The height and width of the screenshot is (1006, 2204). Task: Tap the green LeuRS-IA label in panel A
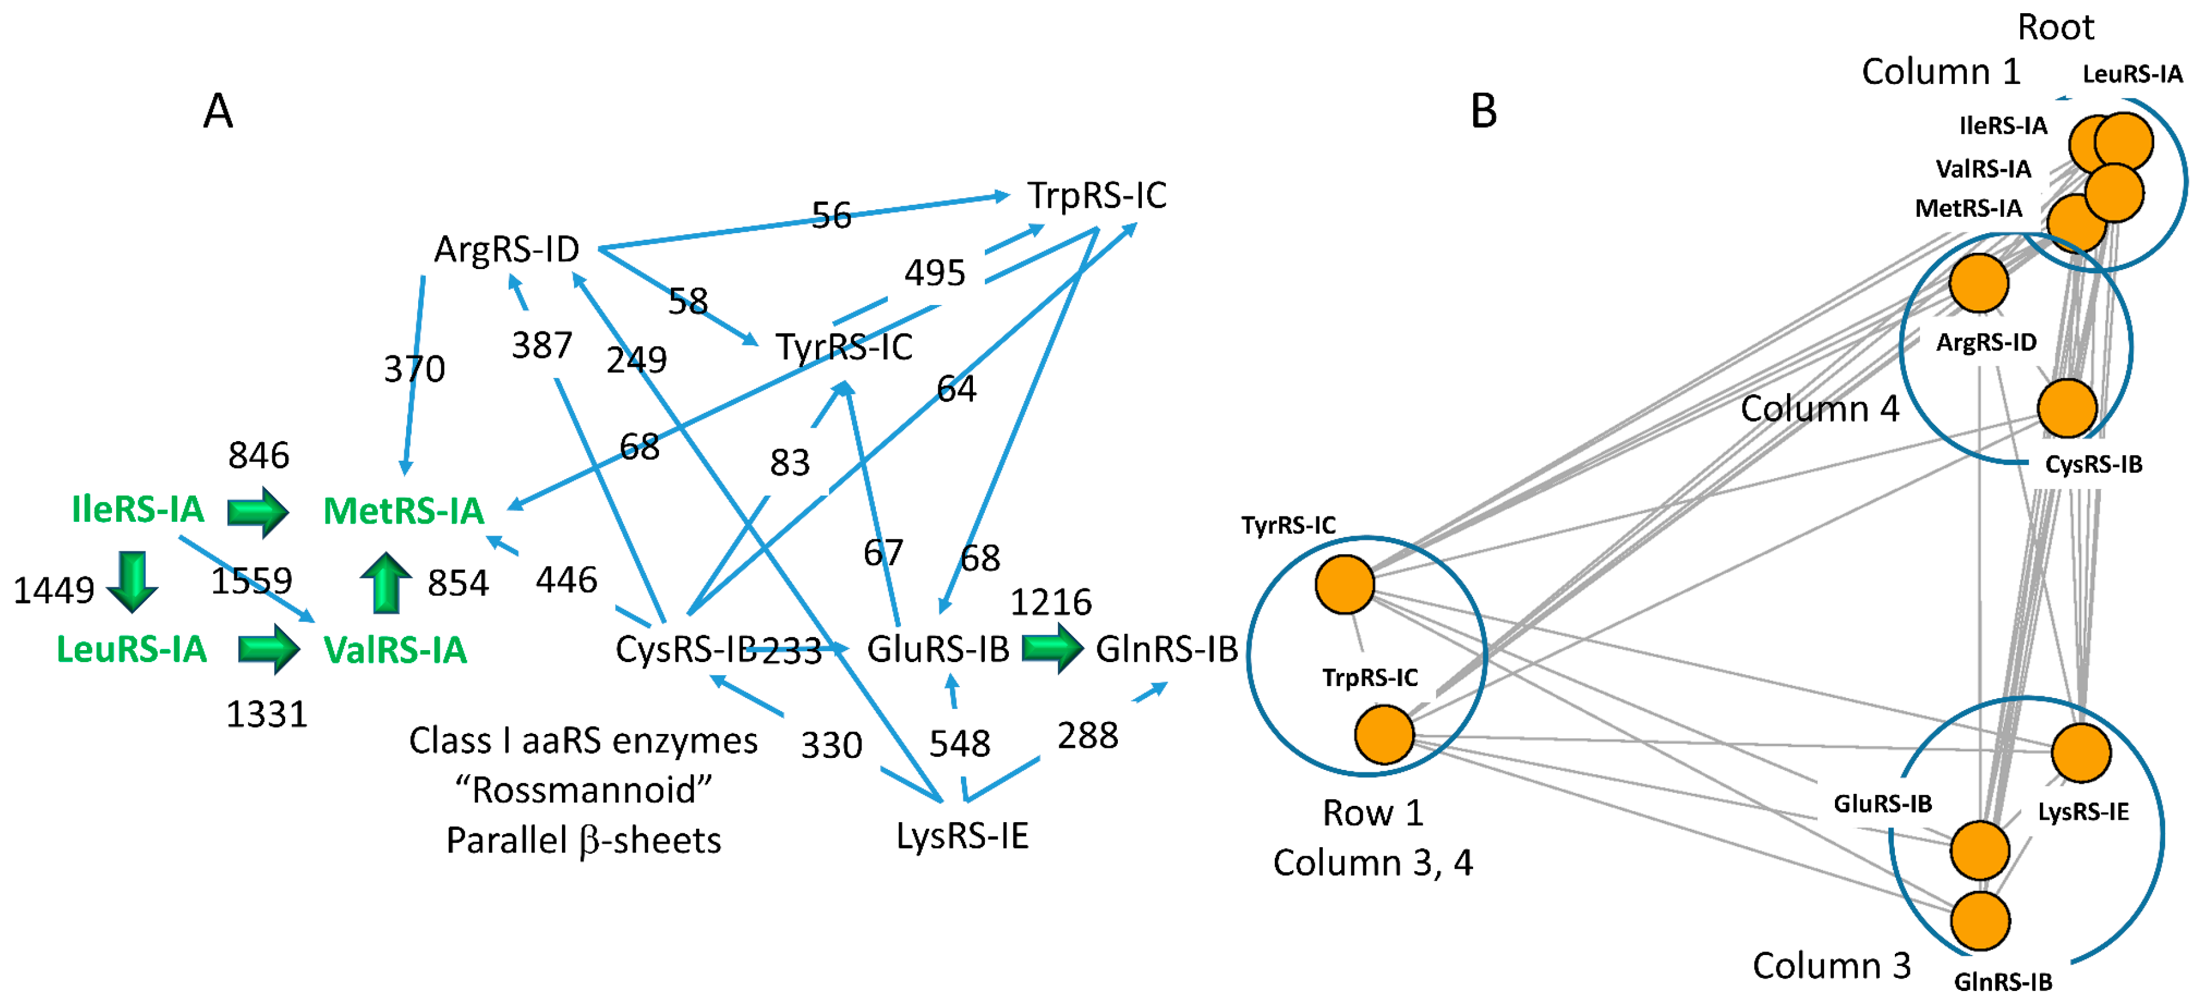[x=132, y=649]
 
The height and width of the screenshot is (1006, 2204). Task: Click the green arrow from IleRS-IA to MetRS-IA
[x=258, y=512]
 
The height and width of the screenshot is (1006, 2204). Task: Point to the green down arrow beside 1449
[x=132, y=582]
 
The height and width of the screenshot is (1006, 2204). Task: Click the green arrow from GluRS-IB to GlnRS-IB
[x=1051, y=648]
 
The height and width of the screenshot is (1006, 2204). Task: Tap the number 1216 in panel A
[x=1051, y=602]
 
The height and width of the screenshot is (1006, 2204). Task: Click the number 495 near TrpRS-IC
[x=935, y=273]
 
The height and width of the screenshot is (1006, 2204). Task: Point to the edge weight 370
[x=414, y=368]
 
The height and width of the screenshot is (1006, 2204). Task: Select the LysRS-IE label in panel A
[x=962, y=836]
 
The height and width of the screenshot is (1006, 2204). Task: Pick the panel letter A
[x=218, y=111]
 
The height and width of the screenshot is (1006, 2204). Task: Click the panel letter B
[x=1483, y=111]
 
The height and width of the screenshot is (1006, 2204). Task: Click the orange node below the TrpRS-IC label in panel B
[x=1383, y=734]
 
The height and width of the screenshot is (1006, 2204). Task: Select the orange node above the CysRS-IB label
[x=2066, y=408]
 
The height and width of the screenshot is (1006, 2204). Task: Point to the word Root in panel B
[x=2055, y=28]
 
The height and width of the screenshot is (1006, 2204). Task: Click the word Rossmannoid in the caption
[x=583, y=790]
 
